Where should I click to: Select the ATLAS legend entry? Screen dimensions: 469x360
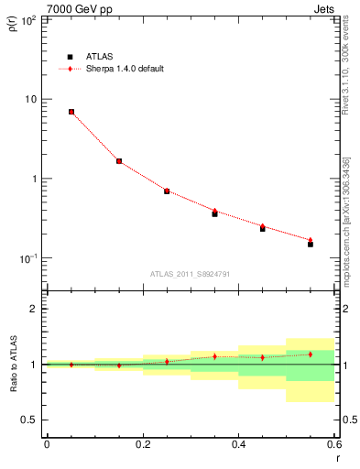pyautogui.click(x=92, y=56)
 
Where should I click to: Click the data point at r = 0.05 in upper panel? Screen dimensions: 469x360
pyautogui.click(x=71, y=112)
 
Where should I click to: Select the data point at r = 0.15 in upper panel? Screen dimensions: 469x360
pyautogui.click(x=119, y=161)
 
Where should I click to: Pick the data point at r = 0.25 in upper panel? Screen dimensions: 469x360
pyautogui.click(x=167, y=191)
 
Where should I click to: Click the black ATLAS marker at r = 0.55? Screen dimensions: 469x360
pyautogui.click(x=311, y=245)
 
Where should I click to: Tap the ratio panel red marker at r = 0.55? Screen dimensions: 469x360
pyautogui.click(x=311, y=354)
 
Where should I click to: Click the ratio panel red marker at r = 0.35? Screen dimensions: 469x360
pyautogui.click(x=214, y=356)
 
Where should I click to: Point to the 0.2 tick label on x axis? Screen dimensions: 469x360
pyautogui.click(x=142, y=444)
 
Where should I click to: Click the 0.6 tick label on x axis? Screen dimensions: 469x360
pyautogui.click(x=333, y=444)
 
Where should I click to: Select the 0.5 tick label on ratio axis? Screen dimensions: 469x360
pyautogui.click(x=29, y=420)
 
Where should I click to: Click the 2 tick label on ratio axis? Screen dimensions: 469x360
pyautogui.click(x=33, y=309)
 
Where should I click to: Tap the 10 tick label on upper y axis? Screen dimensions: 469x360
pyautogui.click(x=30, y=99)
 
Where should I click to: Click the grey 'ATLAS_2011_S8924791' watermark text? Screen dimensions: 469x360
pyautogui.click(x=190, y=273)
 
